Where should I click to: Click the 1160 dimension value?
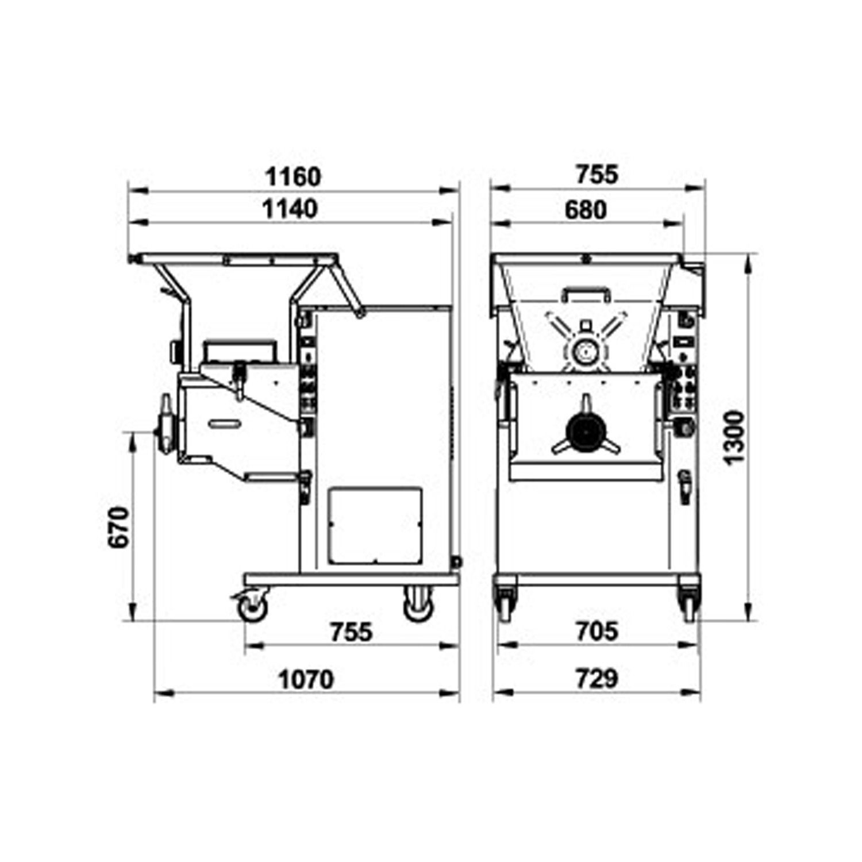point(293,177)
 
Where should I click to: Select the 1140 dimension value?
point(290,209)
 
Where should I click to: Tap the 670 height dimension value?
point(119,527)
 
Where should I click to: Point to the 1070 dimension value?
point(306,680)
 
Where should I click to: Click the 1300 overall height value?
point(734,437)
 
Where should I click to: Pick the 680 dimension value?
point(585,210)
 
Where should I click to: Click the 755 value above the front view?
point(597,175)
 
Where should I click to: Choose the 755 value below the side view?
point(351,632)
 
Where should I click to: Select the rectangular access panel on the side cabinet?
point(376,526)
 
